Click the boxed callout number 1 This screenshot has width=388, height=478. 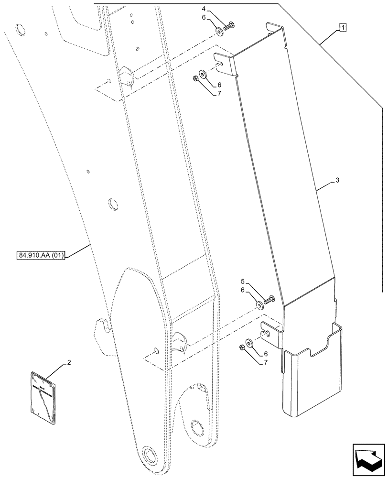pos(343,27)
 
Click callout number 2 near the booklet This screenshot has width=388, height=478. pos(69,363)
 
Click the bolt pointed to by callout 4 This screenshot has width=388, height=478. pos(230,28)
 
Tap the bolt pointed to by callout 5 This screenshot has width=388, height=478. pos(269,300)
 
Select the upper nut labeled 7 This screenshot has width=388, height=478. pos(196,79)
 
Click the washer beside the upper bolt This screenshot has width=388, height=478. pos(219,32)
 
